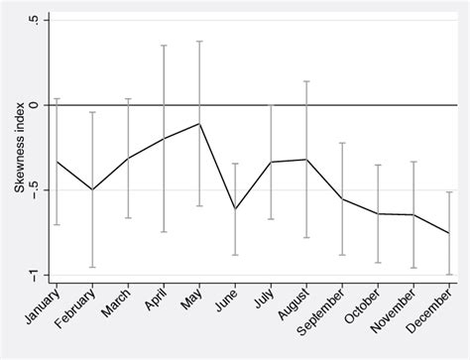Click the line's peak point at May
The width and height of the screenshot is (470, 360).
click(x=199, y=123)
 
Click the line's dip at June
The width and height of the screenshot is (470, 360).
click(x=235, y=209)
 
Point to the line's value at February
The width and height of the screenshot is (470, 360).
click(x=92, y=189)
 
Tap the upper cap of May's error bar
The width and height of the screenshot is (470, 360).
click(x=199, y=42)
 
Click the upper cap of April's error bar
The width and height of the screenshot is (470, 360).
click(x=164, y=46)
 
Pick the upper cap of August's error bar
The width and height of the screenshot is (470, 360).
click(x=306, y=81)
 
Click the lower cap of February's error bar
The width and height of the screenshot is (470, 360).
click(x=92, y=267)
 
